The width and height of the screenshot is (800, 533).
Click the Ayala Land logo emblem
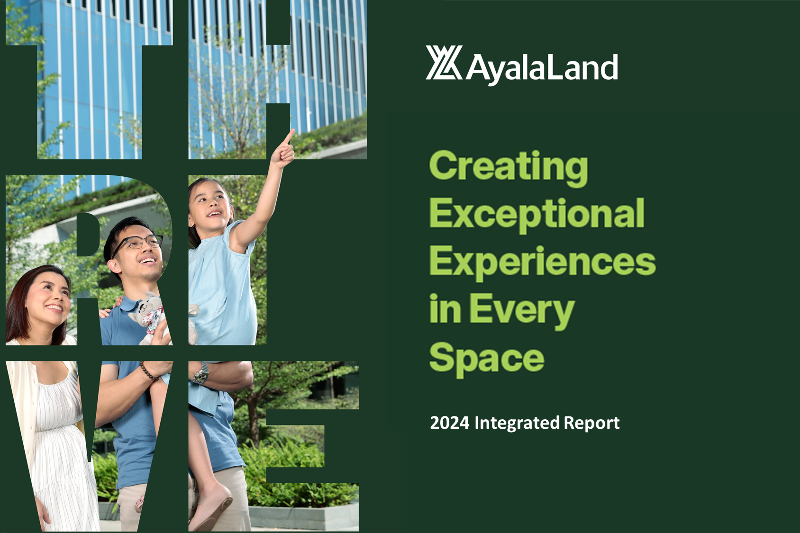444,63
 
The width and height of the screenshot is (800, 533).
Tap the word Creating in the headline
509,168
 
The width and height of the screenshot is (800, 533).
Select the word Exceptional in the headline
537,215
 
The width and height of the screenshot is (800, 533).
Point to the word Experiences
543,262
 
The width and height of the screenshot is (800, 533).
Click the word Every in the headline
522,310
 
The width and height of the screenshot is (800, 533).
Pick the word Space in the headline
487,358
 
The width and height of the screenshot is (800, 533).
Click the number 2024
450,423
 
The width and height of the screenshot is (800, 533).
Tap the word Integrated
517,424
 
